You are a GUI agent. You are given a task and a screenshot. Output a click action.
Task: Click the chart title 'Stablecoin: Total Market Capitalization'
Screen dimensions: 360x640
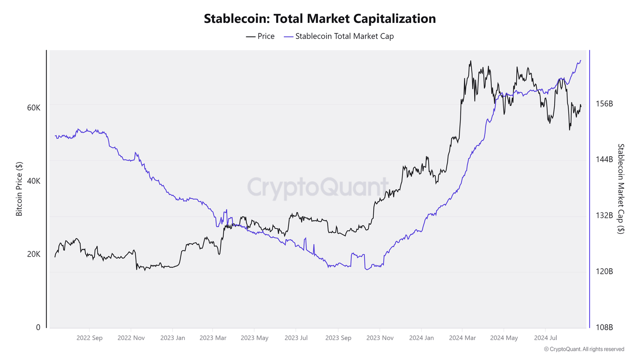click(x=320, y=19)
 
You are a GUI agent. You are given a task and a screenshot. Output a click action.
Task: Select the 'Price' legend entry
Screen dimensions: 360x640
click(x=260, y=36)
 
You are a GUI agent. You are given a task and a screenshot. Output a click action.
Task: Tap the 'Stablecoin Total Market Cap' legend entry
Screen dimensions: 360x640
click(x=339, y=36)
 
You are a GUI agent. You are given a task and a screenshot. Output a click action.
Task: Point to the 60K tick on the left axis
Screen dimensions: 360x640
click(x=34, y=107)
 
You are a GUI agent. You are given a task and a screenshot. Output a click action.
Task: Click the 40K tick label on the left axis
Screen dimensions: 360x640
click(x=34, y=181)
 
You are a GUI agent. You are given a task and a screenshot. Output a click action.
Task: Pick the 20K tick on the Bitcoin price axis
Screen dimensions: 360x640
click(x=34, y=254)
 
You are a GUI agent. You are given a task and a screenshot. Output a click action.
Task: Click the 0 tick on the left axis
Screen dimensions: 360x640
click(x=38, y=327)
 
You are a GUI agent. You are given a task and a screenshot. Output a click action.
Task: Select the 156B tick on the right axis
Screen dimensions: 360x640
click(x=604, y=104)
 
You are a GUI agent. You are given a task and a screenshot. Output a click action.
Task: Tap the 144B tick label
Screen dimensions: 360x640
click(x=604, y=160)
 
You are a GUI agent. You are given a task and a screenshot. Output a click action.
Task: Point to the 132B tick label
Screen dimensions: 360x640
click(x=604, y=215)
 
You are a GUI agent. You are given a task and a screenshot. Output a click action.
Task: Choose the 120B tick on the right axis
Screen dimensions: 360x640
click(x=604, y=272)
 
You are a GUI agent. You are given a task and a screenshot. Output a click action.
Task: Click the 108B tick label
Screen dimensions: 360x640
click(x=604, y=327)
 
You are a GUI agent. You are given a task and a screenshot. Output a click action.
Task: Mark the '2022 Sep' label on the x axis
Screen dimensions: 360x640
click(x=89, y=338)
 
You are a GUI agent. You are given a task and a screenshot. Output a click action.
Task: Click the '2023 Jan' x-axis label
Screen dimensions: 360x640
click(x=172, y=338)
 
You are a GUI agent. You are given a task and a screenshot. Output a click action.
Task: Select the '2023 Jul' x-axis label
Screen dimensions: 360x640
click(x=296, y=338)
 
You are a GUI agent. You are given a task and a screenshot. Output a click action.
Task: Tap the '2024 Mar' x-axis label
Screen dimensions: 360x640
click(x=462, y=338)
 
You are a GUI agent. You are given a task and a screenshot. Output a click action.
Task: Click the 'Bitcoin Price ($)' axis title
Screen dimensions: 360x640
click(x=19, y=189)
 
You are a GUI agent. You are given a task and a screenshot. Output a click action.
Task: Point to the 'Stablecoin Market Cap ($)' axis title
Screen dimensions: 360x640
click(x=621, y=189)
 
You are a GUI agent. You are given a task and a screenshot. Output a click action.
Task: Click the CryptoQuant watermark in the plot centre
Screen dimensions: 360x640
click(x=318, y=187)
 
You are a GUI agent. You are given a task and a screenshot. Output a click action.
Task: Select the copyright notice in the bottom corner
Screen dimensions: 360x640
click(x=584, y=349)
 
